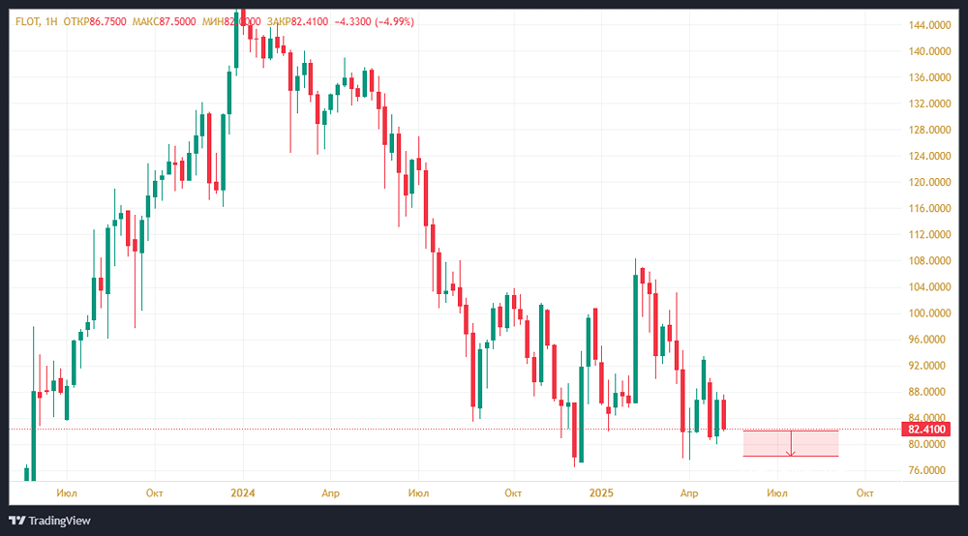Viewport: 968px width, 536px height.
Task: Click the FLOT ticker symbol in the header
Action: tap(27, 20)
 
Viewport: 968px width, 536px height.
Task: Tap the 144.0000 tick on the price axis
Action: tap(926, 25)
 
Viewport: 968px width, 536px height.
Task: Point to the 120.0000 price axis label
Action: tap(926, 182)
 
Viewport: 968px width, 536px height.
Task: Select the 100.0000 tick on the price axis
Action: tap(926, 313)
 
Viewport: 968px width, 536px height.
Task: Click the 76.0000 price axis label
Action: tap(928, 470)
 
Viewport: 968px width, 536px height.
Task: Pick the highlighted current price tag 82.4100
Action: tap(926, 429)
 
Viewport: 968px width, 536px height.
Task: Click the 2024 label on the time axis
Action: tap(241, 492)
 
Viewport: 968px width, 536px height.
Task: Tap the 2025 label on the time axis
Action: tap(601, 492)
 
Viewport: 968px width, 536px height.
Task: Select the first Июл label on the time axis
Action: tap(67, 492)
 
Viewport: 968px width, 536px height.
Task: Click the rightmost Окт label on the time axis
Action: tap(865, 492)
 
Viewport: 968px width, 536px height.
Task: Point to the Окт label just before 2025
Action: tap(513, 492)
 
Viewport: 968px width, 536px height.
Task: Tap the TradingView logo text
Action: tap(60, 521)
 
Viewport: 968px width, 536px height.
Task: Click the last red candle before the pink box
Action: tap(724, 414)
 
